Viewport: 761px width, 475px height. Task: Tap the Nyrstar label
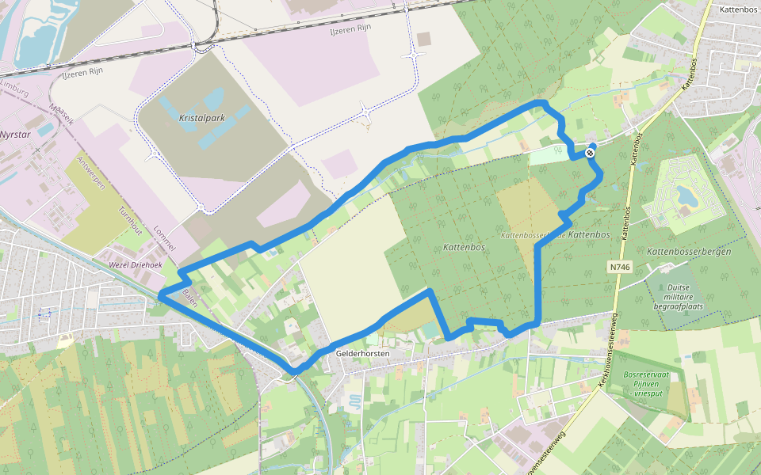pyautogui.click(x=17, y=135)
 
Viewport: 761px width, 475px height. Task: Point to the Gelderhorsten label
pyautogui.click(x=363, y=354)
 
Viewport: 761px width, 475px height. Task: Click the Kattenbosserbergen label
pyautogui.click(x=689, y=251)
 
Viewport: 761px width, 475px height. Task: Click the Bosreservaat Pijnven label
pyautogui.click(x=647, y=383)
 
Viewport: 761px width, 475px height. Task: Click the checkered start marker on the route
pyautogui.click(x=591, y=153)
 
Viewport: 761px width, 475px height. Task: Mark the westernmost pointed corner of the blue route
pyautogui.click(x=160, y=295)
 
